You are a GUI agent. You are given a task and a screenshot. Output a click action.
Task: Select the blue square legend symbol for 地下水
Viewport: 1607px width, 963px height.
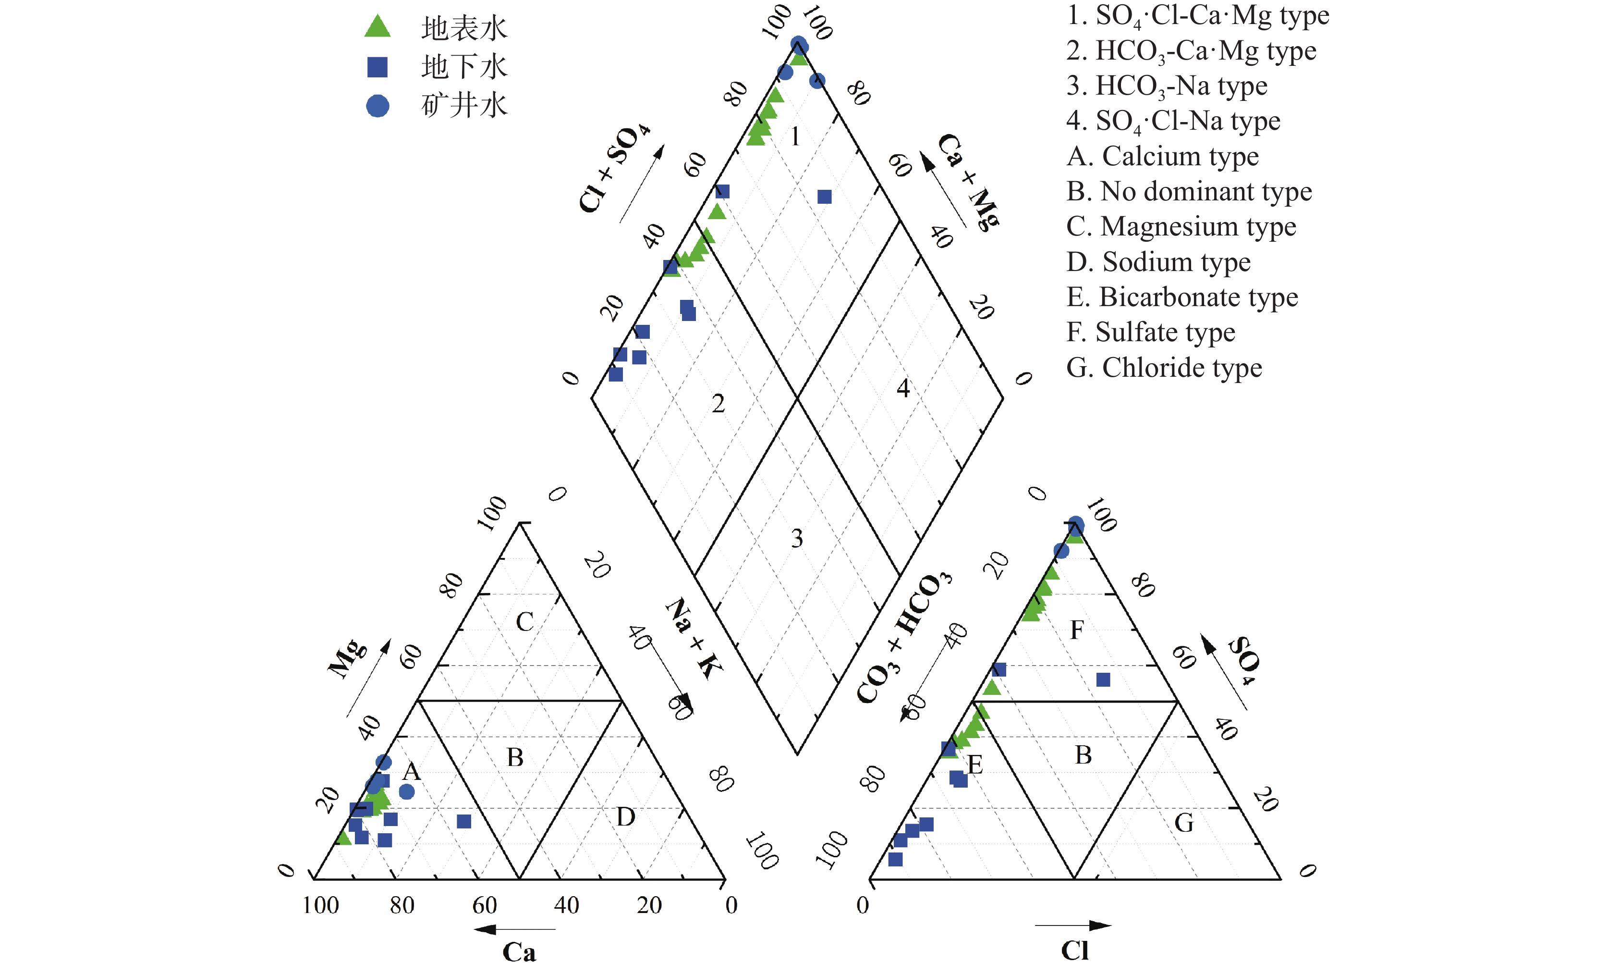[377, 66]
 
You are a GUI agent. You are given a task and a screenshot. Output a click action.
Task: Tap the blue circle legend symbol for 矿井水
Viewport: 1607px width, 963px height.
[377, 106]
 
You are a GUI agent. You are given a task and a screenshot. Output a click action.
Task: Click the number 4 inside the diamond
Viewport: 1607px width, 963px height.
[903, 388]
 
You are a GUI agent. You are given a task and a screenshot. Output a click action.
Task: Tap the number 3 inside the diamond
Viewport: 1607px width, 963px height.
[796, 538]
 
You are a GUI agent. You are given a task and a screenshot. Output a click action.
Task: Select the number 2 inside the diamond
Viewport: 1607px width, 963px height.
[718, 404]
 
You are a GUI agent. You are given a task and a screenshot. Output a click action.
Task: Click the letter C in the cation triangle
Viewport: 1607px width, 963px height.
[524, 622]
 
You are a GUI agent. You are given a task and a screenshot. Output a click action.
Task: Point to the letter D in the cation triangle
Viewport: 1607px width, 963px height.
[625, 817]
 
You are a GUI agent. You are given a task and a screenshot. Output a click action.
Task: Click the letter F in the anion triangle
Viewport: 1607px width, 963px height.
[1076, 630]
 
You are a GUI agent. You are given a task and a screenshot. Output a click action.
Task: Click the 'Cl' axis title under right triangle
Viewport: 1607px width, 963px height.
[1074, 950]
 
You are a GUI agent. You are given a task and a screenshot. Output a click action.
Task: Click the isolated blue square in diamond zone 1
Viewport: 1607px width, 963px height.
[824, 197]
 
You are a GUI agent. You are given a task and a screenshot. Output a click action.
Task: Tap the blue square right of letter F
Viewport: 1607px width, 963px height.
[1102, 679]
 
